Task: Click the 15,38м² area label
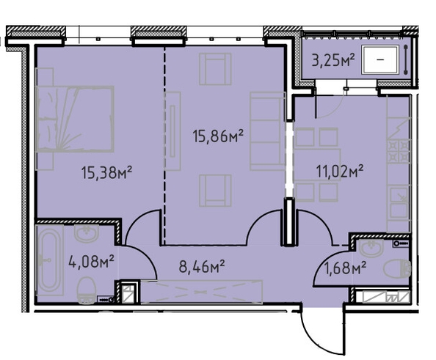106,172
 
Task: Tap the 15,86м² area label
218,136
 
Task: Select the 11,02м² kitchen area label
340,171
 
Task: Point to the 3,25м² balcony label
333,60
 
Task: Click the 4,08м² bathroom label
91,262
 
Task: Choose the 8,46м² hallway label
202,267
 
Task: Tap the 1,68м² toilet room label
345,268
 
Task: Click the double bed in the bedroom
75,119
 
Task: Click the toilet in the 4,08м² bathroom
87,290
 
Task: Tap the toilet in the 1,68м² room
397,268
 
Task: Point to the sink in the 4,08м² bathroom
87,234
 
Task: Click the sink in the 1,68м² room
371,248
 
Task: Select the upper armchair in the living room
215,69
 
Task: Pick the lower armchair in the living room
215,191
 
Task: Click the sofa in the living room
267,131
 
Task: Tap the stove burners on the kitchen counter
399,152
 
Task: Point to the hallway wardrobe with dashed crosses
202,292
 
